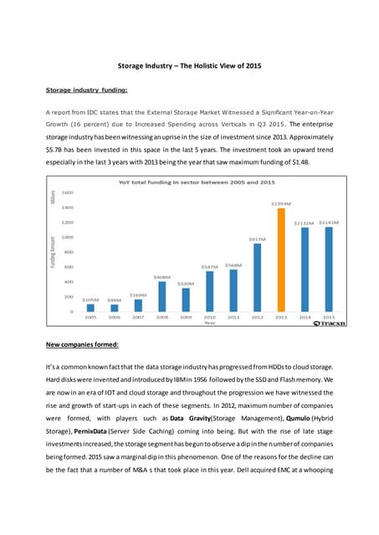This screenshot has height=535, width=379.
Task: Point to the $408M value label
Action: pyautogui.click(x=161, y=277)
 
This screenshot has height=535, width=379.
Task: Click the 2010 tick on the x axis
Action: pyautogui.click(x=209, y=318)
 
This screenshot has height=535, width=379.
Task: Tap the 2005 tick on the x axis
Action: pyautogui.click(x=90, y=318)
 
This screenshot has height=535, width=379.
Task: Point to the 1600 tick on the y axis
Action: pyautogui.click(x=67, y=192)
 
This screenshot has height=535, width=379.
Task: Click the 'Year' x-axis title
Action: pyautogui.click(x=210, y=324)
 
